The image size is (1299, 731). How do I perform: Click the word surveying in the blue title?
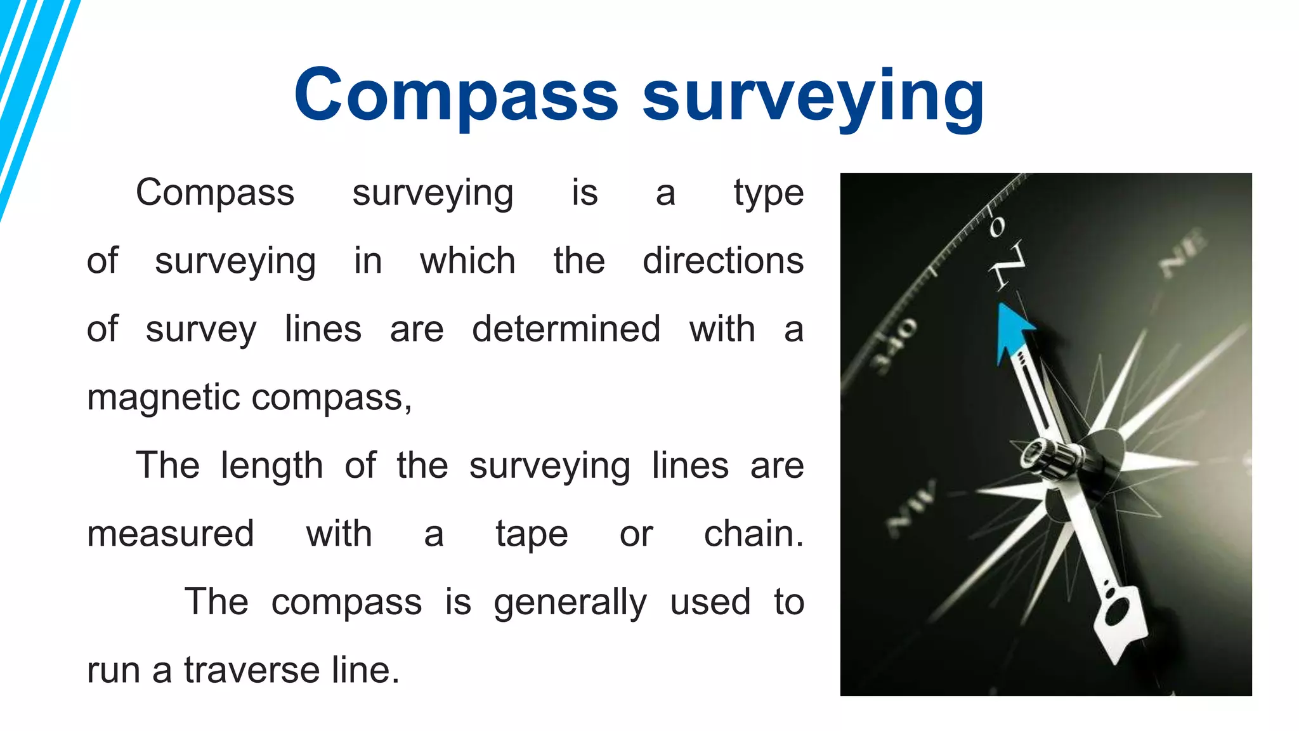(x=813, y=96)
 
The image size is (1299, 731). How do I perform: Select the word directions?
(x=723, y=261)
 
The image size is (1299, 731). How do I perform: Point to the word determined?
(x=566, y=329)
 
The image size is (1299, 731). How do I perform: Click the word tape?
(x=532, y=534)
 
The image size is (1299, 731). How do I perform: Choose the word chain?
(x=754, y=534)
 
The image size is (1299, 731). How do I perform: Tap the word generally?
(x=570, y=603)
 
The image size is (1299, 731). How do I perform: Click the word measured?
(x=171, y=534)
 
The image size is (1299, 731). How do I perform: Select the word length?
(x=272, y=465)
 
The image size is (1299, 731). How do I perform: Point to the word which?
(x=467, y=261)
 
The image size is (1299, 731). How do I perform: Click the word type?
(x=769, y=194)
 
